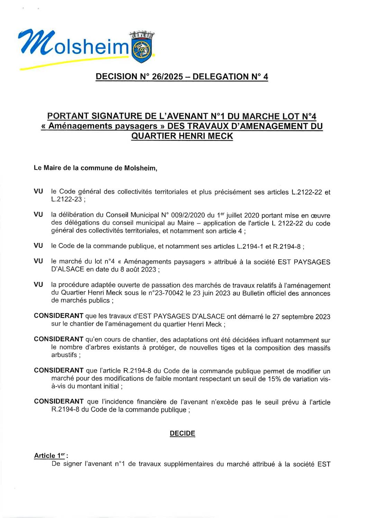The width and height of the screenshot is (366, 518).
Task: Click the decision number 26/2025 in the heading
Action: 165,77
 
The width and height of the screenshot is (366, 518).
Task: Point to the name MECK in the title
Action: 220,136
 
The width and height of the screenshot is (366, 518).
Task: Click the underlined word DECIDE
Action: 182,434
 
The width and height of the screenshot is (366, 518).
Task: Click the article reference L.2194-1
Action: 251,247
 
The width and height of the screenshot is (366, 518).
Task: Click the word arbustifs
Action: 64,355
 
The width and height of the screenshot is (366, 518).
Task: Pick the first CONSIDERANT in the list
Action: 58,316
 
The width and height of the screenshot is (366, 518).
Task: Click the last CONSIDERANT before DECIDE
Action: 58,402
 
